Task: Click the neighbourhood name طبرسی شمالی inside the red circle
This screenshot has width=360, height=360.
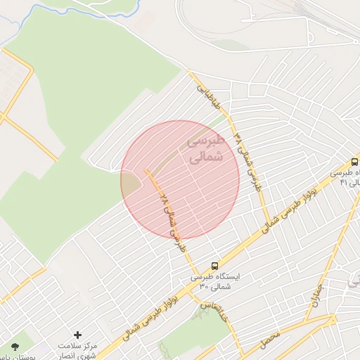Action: pos(205,149)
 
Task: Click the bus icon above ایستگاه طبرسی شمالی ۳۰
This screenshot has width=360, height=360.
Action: pos(214,265)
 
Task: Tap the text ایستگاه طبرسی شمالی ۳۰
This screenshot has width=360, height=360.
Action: pos(214,281)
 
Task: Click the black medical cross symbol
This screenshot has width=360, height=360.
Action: pos(77,335)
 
